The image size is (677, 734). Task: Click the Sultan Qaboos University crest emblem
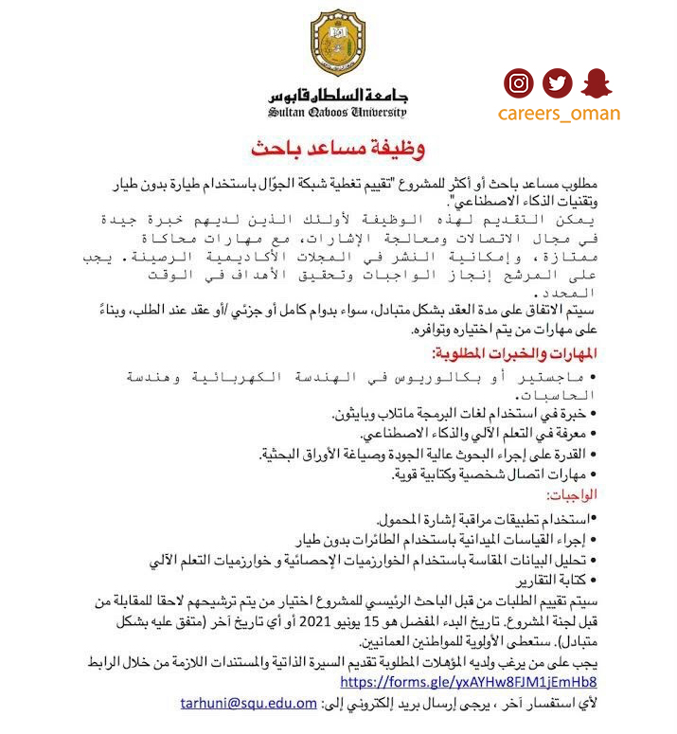click(x=337, y=44)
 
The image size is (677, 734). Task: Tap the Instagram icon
click(x=518, y=84)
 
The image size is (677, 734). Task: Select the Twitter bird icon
click(x=558, y=84)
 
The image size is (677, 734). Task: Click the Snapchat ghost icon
click(x=597, y=84)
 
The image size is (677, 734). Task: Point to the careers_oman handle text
click(x=559, y=114)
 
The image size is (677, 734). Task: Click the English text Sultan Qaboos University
click(x=337, y=113)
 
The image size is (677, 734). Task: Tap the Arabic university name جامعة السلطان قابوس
click(x=337, y=95)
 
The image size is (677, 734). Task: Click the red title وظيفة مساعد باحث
click(x=338, y=149)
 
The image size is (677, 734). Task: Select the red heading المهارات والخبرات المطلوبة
click(x=514, y=353)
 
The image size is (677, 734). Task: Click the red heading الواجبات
click(x=571, y=495)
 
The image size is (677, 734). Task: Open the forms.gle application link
click(x=468, y=682)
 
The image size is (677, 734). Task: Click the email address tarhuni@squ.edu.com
click(x=249, y=703)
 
